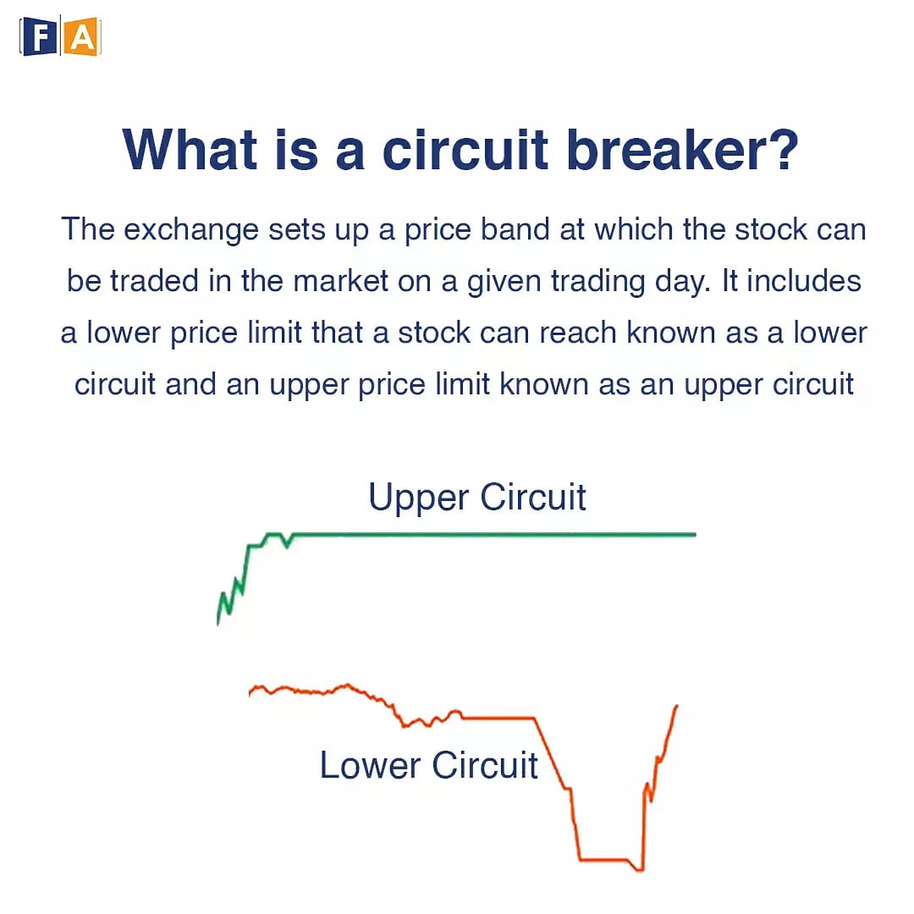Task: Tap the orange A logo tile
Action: pos(81,37)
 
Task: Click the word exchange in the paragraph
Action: pos(191,229)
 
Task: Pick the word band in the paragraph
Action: pos(515,229)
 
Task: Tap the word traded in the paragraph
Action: pos(155,281)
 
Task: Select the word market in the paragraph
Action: pos(340,281)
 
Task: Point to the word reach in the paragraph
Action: pos(578,333)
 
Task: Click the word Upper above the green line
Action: pos(419,498)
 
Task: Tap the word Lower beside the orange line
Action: pos(370,765)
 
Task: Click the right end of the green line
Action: pos(696,534)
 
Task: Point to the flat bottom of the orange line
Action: pos(603,859)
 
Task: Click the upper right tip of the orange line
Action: pos(677,706)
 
